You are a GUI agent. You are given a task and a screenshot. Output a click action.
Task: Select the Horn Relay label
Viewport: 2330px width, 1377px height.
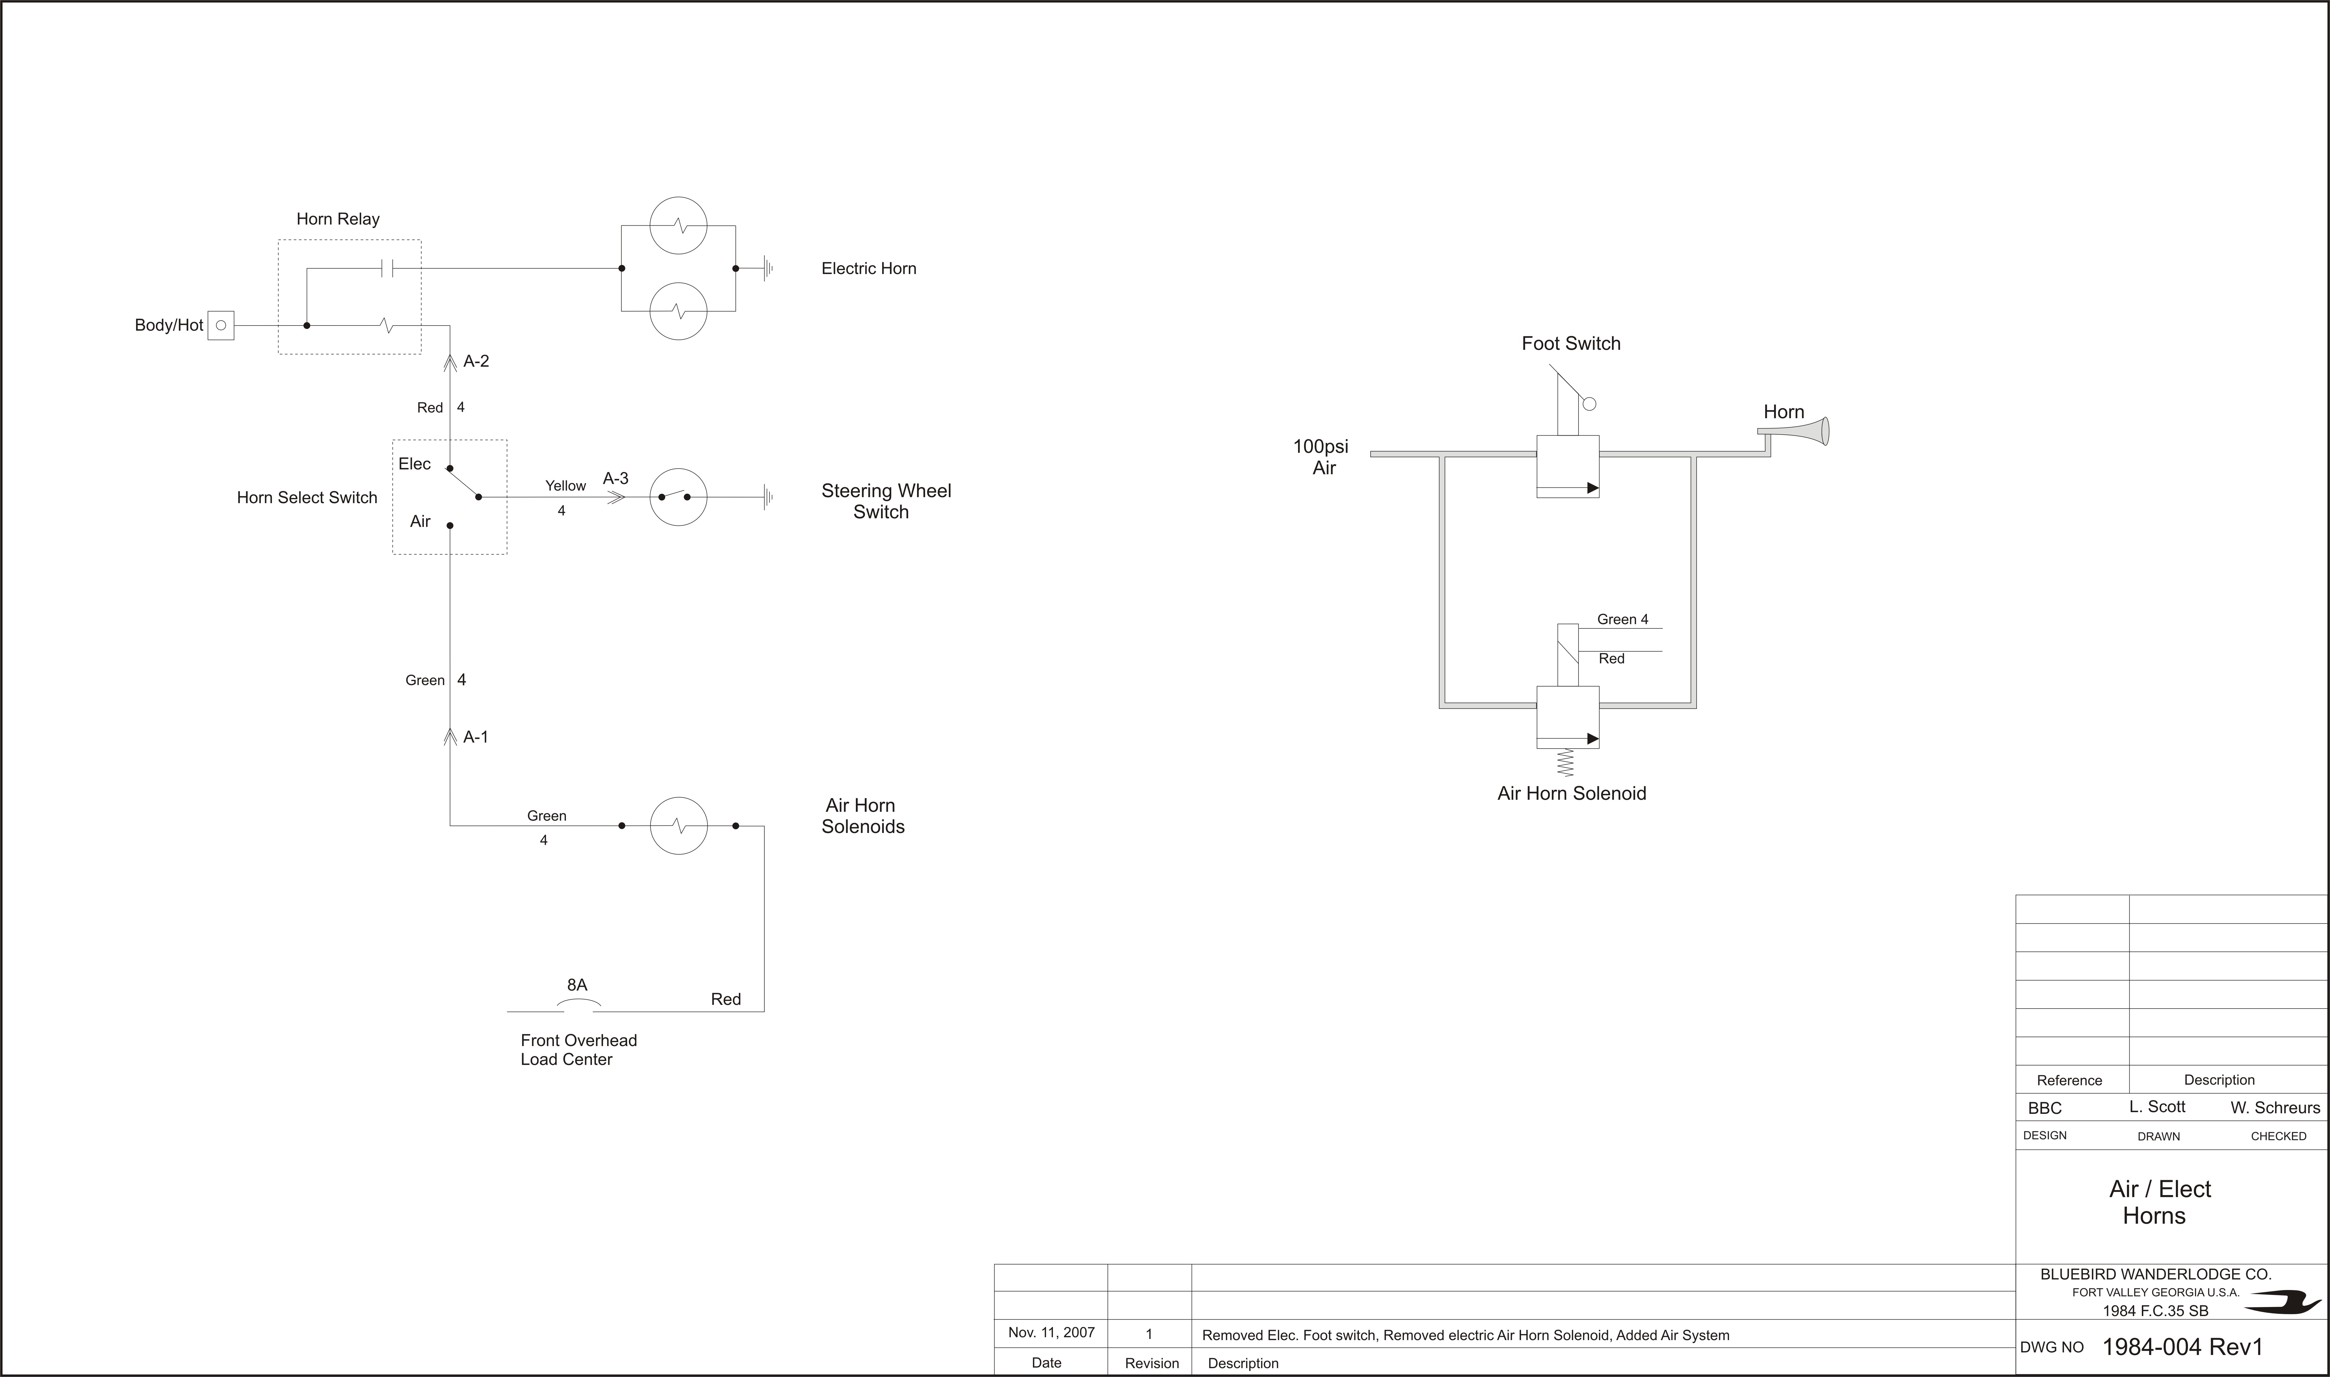[x=338, y=219]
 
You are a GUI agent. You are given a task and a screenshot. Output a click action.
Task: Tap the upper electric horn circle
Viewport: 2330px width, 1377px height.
[x=678, y=225]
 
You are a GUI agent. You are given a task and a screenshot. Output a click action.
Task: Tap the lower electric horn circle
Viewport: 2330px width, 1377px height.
[x=678, y=311]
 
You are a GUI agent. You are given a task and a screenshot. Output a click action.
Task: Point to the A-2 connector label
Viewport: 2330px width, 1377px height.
[x=476, y=361]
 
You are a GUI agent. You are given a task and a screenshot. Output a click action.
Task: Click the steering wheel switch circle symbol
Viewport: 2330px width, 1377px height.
[x=678, y=497]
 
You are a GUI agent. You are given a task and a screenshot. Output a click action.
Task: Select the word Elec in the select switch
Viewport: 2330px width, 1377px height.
[x=415, y=464]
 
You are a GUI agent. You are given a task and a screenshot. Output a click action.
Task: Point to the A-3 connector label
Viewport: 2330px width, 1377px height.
[x=616, y=478]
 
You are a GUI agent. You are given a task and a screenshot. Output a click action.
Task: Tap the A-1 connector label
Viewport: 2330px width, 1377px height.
[x=476, y=737]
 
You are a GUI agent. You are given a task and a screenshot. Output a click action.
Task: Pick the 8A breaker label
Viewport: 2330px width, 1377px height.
[x=577, y=985]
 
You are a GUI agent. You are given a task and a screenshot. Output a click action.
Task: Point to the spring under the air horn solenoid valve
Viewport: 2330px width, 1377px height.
[x=1566, y=762]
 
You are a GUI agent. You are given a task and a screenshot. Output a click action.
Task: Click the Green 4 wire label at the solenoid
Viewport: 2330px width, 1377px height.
[x=1622, y=619]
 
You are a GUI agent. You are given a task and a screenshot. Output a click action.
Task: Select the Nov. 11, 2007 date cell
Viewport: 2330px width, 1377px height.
[x=1051, y=1332]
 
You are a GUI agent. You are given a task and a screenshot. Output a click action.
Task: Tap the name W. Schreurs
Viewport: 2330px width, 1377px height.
[x=2275, y=1107]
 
